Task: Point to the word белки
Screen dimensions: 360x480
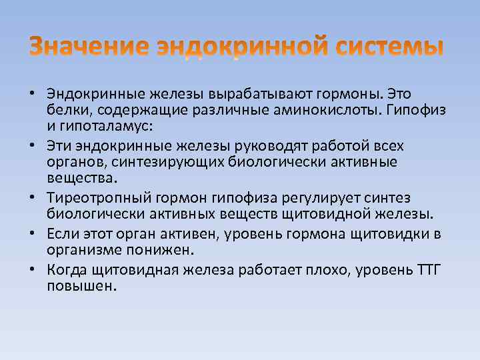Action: pos(65,109)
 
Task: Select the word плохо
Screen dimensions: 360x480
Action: pos(317,269)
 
